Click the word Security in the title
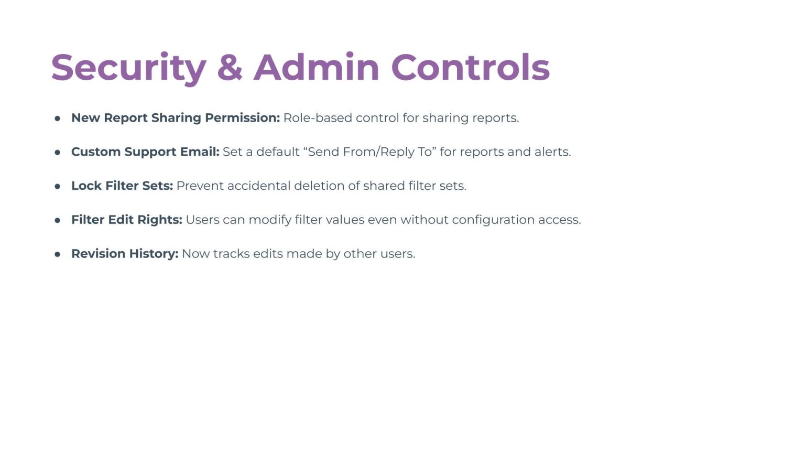coord(128,68)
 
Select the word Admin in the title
coord(316,67)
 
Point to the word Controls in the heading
coord(471,67)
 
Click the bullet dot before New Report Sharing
coord(58,118)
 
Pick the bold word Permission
coord(242,118)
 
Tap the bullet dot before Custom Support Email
coord(58,153)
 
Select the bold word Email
coord(200,152)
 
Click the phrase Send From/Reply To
coord(370,152)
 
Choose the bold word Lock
coord(86,186)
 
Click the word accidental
coord(259,186)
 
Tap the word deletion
coord(319,186)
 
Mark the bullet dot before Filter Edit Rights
coord(58,220)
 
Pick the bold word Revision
coord(99,254)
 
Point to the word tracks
coord(232,254)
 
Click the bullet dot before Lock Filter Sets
coord(58,186)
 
